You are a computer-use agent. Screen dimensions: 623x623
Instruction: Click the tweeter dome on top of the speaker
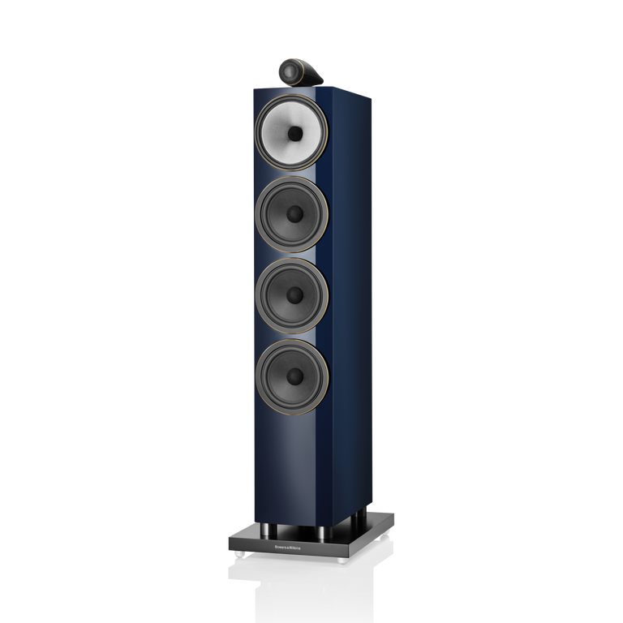[x=288, y=73]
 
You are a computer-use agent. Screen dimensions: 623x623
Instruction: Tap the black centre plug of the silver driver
[x=294, y=134]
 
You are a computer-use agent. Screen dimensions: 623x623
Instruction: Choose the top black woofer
[x=292, y=213]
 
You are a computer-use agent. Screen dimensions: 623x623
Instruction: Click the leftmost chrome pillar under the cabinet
[x=269, y=531]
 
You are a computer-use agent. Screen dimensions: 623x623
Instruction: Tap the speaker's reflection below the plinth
[x=308, y=592]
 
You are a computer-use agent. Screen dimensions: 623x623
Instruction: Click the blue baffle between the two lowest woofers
[x=292, y=335]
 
